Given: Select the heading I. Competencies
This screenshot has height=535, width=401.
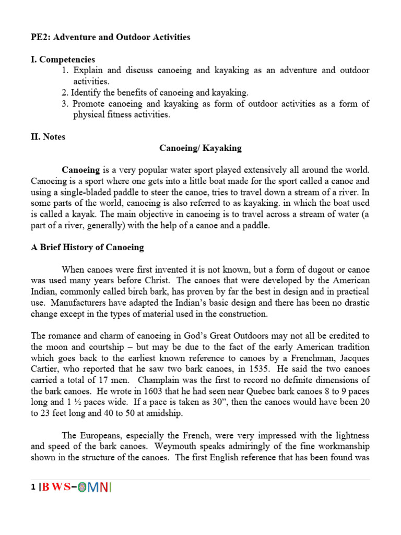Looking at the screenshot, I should click(63, 60).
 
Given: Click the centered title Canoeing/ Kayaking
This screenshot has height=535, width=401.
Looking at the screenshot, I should click(200, 148).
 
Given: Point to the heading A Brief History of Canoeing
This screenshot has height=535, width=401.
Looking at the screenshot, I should click(87, 247).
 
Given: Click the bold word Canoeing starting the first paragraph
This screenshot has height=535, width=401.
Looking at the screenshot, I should click(80, 170).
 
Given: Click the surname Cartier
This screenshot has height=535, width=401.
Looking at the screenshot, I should click(45, 369).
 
